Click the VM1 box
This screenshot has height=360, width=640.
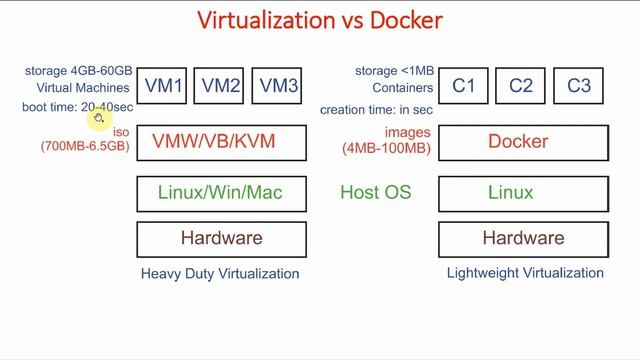pyautogui.click(x=164, y=86)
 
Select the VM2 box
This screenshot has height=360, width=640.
pyautogui.click(x=222, y=86)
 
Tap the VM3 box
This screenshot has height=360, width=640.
pyautogui.click(x=279, y=86)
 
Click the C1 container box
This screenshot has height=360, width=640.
pyautogui.click(x=464, y=86)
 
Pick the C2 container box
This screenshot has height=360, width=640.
pyautogui.click(x=521, y=86)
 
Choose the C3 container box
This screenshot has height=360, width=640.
pyautogui.click(x=579, y=86)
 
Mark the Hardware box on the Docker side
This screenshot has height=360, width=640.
pyautogui.click(x=523, y=239)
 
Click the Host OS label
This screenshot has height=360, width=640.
pyautogui.click(x=375, y=192)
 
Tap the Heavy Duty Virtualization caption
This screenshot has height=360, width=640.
pyautogui.click(x=220, y=273)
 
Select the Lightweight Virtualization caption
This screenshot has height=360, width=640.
pyautogui.click(x=524, y=273)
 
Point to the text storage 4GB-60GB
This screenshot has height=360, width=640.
pyautogui.click(x=79, y=71)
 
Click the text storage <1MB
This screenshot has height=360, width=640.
pyautogui.click(x=392, y=71)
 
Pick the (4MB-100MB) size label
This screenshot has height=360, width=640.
pyautogui.click(x=386, y=148)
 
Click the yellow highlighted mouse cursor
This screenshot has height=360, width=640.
pyautogui.click(x=98, y=119)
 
